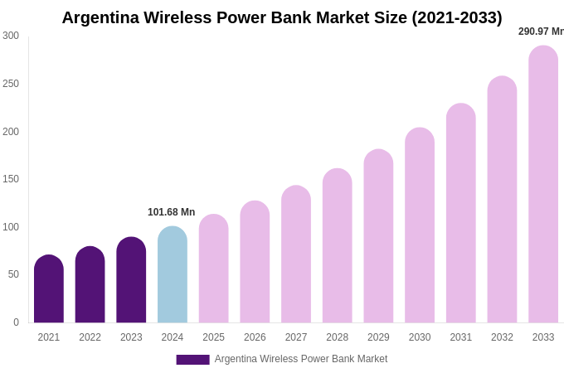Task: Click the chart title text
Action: point(282,17)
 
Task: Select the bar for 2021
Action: point(49,290)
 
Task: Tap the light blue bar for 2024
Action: point(173,275)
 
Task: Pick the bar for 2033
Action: point(543,185)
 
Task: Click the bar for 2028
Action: point(338,246)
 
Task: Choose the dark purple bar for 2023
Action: point(131,281)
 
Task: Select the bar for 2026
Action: point(255,262)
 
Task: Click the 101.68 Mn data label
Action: point(171,212)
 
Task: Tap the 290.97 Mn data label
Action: point(541,31)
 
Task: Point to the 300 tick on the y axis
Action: point(11,36)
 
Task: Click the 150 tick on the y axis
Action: point(11,179)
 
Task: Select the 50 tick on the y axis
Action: point(13,274)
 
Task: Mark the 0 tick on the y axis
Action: point(16,322)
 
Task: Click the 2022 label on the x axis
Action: point(90,337)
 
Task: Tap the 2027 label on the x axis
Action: point(296,337)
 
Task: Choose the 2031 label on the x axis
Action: point(461,337)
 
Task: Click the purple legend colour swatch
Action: point(192,360)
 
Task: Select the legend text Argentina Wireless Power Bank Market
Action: point(301,359)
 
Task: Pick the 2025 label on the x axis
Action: point(213,337)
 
